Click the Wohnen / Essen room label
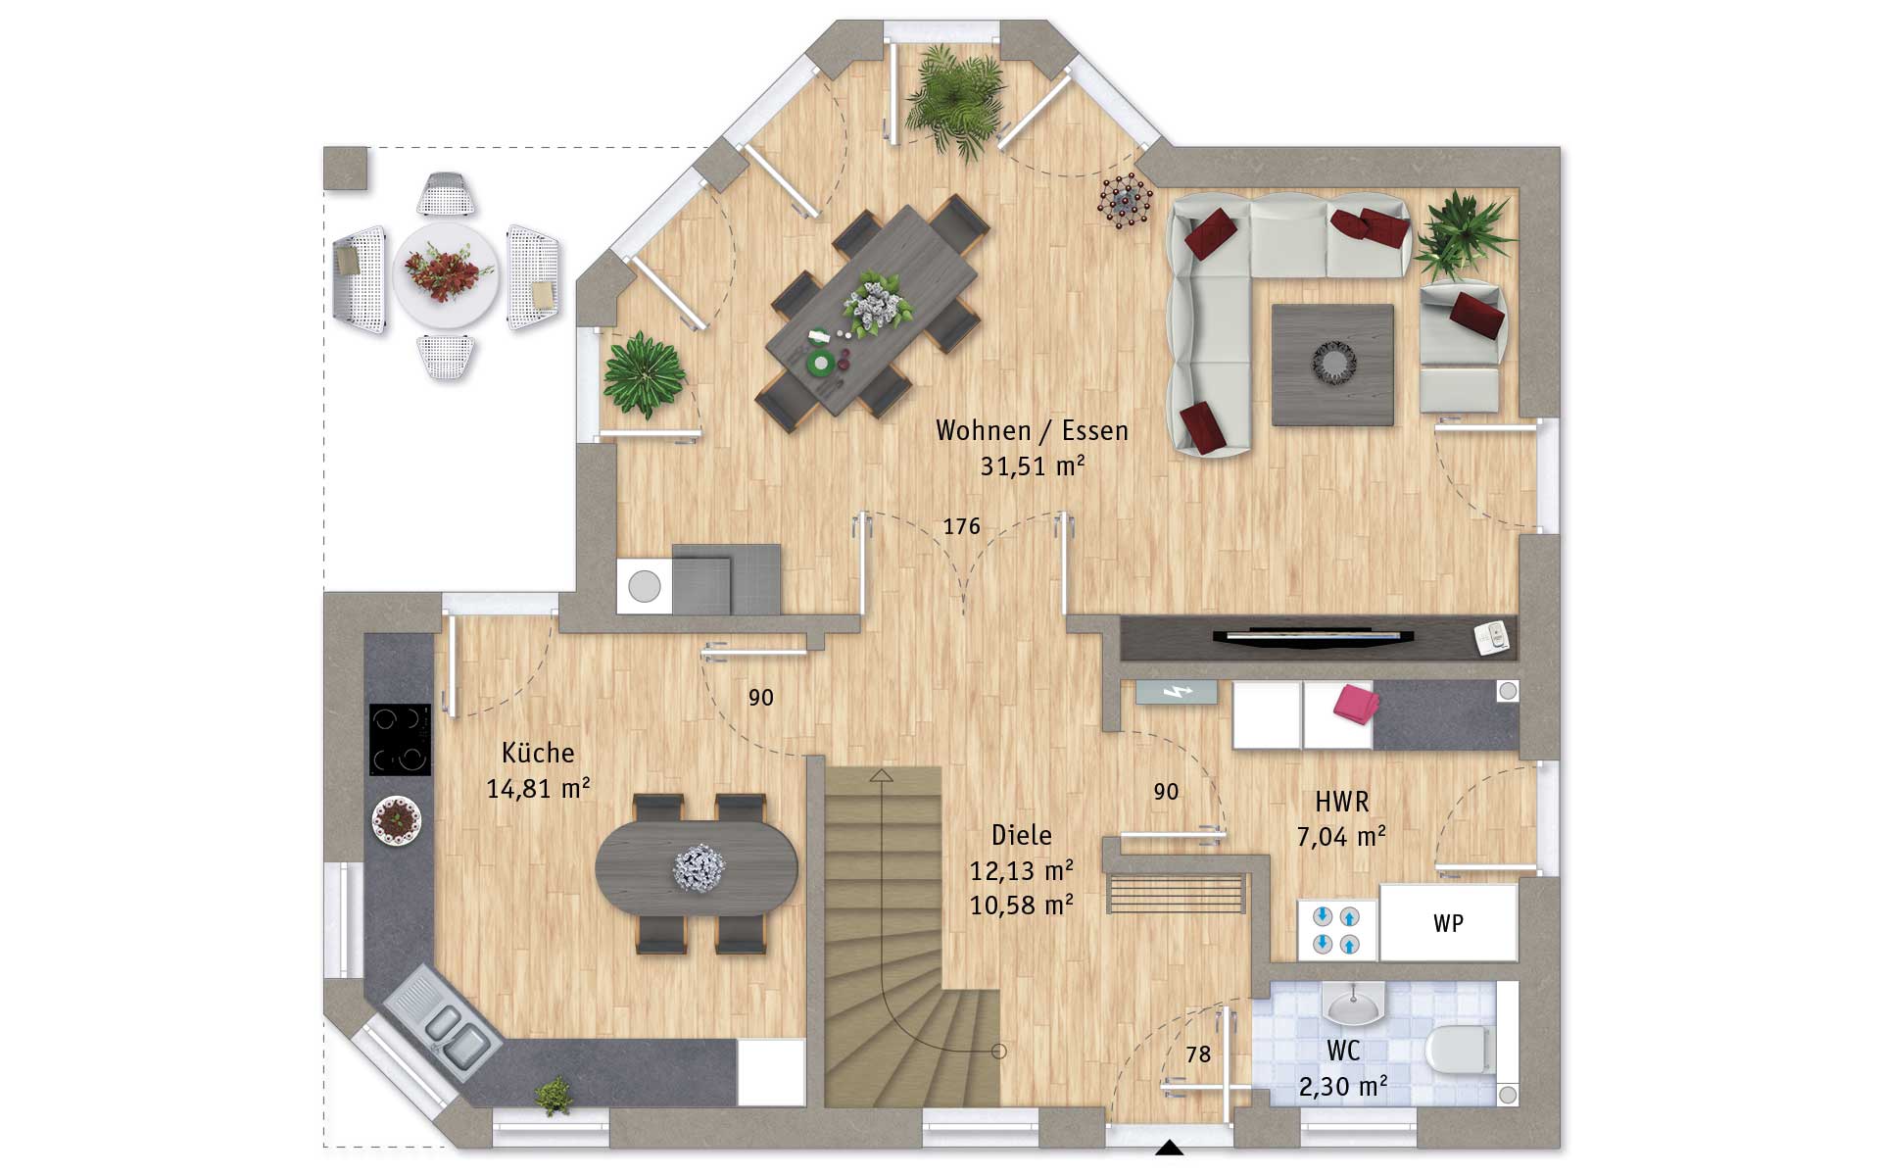pyautogui.click(x=1032, y=431)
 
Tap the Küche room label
pyautogui.click(x=538, y=753)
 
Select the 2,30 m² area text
pyautogui.click(x=1343, y=1086)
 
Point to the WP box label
pyautogui.click(x=1448, y=923)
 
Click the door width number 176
pyautogui.click(x=961, y=526)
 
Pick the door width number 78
pyautogui.click(x=1198, y=1054)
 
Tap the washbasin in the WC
pyautogui.click(x=1353, y=1003)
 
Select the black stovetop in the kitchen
pyautogui.click(x=400, y=739)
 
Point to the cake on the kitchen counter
pyautogui.click(x=397, y=820)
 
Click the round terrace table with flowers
pyautogui.click(x=446, y=273)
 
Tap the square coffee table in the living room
pyautogui.click(x=1332, y=365)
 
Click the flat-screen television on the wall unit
pyautogui.click(x=1313, y=636)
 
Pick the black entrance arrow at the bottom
pyautogui.click(x=1169, y=1148)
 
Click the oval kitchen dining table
pyautogui.click(x=697, y=868)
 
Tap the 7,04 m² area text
pyautogui.click(x=1341, y=837)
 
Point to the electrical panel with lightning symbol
pyautogui.click(x=1177, y=692)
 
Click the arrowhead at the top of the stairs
pyautogui.click(x=883, y=776)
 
